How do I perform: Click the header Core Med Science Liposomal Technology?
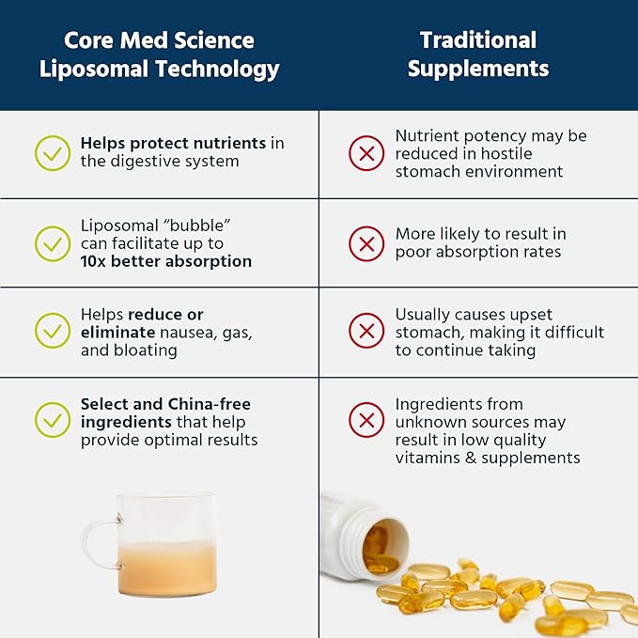159,54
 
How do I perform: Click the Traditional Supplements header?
478,54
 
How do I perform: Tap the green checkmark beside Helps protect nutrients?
53,152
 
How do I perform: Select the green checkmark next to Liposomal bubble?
53,243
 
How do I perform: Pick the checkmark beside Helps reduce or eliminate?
53,331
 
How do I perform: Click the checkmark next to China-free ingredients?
53,420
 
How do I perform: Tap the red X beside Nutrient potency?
366,152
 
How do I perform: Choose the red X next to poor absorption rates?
366,243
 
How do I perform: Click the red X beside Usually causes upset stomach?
366,331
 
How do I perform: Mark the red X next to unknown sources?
366,420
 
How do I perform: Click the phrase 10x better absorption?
166,261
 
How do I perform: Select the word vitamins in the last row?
426,459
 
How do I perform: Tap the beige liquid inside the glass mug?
165,568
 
